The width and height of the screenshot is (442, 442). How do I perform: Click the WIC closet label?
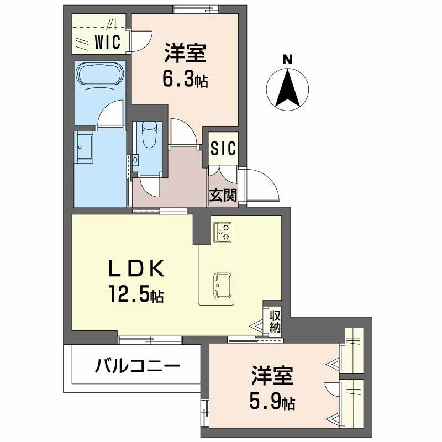point(107,41)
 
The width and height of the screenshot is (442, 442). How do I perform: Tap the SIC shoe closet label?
point(224,148)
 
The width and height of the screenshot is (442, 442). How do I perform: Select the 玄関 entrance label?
point(223,195)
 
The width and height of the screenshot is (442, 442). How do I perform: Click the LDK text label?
point(135,270)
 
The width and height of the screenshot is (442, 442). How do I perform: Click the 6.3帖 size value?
point(184,80)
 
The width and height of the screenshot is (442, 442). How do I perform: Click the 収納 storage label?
point(275,321)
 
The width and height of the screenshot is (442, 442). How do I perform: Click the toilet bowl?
point(149,133)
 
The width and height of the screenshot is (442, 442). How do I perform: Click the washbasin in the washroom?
point(86,145)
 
